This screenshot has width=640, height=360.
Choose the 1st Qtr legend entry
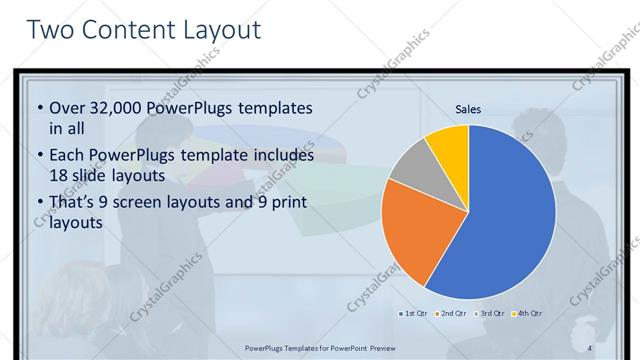[x=415, y=314]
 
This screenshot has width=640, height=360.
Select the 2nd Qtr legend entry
[x=452, y=314]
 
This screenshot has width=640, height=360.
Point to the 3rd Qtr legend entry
[x=489, y=314]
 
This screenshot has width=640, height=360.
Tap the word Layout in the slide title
[x=221, y=30]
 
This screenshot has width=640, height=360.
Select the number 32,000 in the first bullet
[x=118, y=107]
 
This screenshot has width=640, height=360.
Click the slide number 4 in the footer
[x=590, y=347]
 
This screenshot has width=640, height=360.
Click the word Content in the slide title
[x=127, y=30]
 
